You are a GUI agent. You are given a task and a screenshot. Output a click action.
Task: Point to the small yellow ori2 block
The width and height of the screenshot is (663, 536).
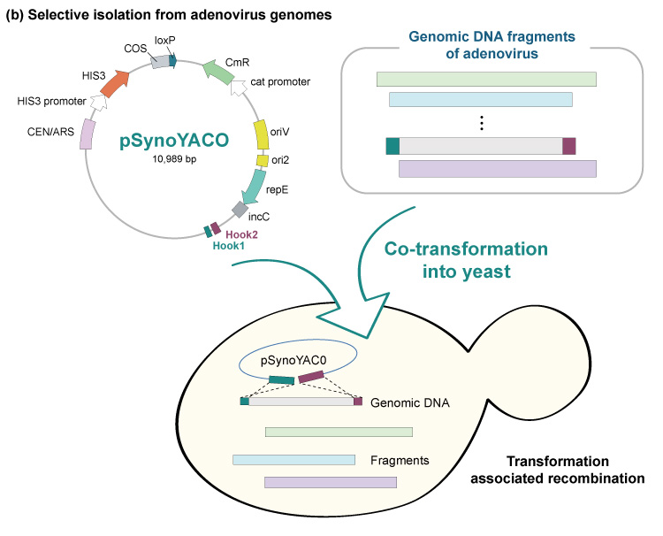coord(263,161)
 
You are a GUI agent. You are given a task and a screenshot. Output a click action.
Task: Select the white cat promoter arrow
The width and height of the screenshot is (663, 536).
coord(239,87)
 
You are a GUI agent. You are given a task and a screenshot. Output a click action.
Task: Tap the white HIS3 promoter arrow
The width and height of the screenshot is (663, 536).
coord(98,103)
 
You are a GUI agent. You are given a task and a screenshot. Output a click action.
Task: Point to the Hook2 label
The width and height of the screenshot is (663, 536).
coord(240,234)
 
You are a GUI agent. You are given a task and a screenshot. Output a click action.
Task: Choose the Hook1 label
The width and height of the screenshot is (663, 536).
coord(228,247)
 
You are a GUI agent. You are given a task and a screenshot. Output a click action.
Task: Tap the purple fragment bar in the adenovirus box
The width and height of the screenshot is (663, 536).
coord(498,169)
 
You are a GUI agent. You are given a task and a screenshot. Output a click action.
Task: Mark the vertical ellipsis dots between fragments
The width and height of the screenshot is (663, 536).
coord(482,124)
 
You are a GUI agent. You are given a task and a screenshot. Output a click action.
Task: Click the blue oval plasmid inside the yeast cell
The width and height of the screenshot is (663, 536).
coord(298,358)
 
